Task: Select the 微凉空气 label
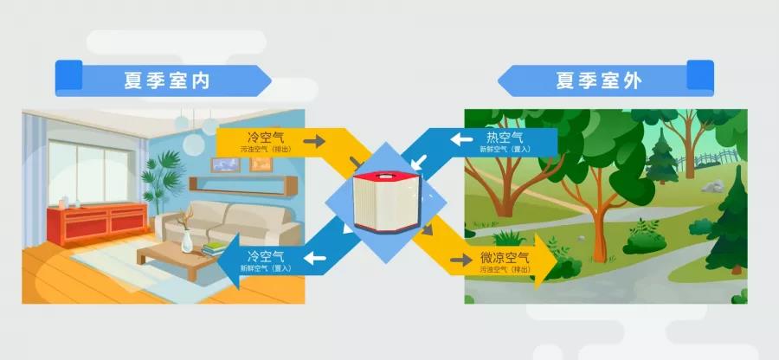click(x=505, y=259)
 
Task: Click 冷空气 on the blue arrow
click(x=266, y=257)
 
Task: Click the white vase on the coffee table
click(x=187, y=240)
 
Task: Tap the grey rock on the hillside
click(x=711, y=185)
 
